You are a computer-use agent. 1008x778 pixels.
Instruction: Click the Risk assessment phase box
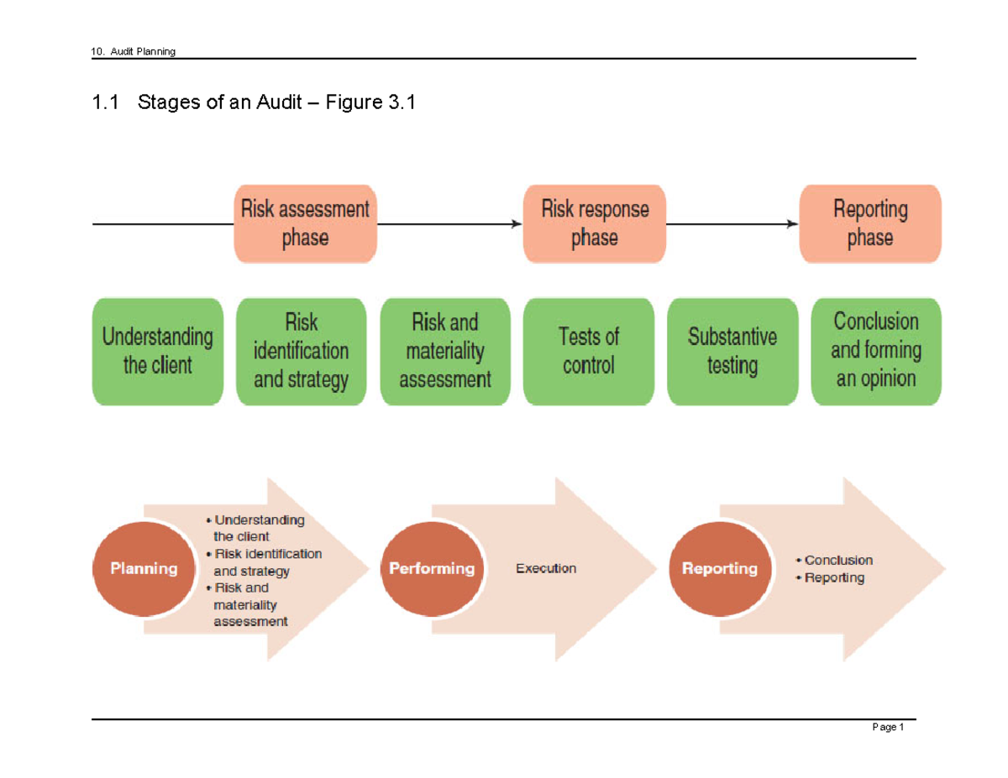(305, 224)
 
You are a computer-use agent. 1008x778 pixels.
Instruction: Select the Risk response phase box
(595, 224)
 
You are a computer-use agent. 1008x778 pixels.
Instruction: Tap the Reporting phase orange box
(870, 224)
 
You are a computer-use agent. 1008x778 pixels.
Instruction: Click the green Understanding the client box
(158, 352)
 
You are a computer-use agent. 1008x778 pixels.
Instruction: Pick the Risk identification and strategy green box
(301, 352)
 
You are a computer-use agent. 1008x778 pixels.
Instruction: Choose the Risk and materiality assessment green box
(445, 352)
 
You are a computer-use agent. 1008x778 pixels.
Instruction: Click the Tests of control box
(588, 352)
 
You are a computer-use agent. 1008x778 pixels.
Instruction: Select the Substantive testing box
(732, 352)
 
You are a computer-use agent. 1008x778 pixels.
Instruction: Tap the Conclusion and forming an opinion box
(876, 352)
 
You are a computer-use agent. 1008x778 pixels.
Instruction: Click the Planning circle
(144, 568)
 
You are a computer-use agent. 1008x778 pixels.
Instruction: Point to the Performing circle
(432, 568)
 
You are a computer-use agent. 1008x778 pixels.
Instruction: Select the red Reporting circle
(720, 568)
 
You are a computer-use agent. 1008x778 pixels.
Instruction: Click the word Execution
(546, 569)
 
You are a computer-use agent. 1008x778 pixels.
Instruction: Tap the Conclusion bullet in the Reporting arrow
(837, 560)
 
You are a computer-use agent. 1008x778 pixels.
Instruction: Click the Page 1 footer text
(888, 728)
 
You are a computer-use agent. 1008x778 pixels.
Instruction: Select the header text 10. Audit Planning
(134, 52)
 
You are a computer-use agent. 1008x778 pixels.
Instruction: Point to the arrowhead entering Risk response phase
(516, 224)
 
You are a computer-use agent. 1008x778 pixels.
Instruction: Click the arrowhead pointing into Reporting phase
(792, 224)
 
